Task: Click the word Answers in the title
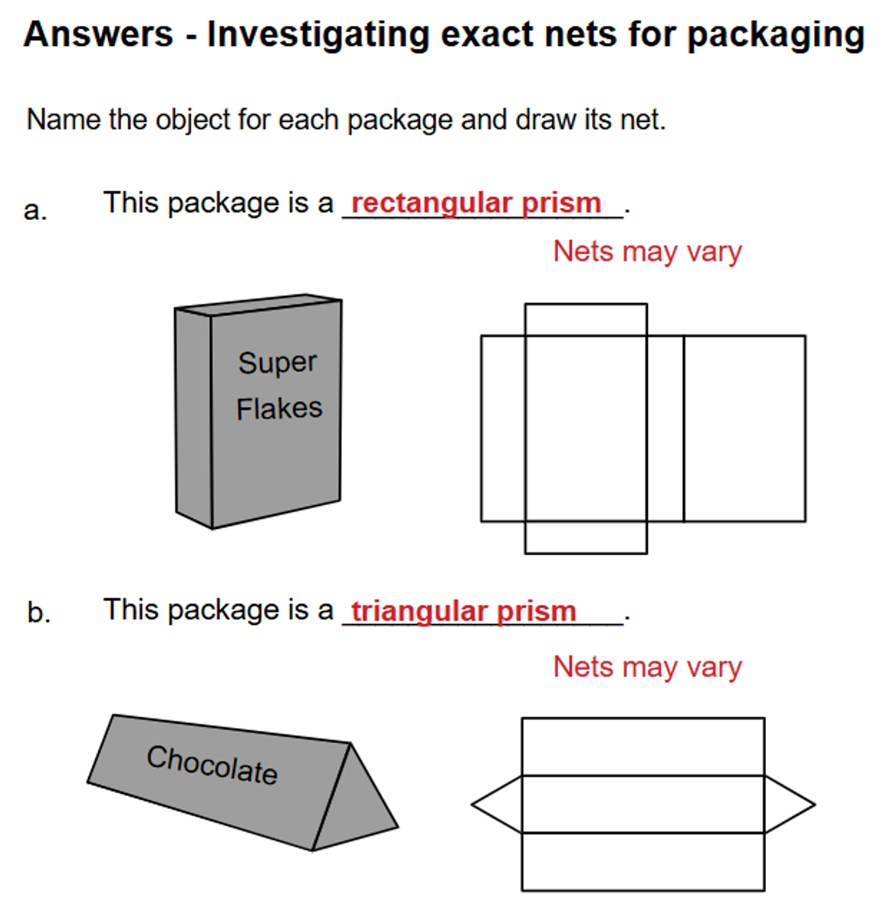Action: pyautogui.click(x=99, y=34)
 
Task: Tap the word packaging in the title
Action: pyautogui.click(x=776, y=36)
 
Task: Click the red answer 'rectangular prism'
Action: pyautogui.click(x=476, y=204)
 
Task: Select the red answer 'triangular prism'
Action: pyautogui.click(x=464, y=611)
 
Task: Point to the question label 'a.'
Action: pyautogui.click(x=35, y=210)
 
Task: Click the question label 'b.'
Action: pyautogui.click(x=39, y=613)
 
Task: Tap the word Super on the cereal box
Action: pyautogui.click(x=277, y=363)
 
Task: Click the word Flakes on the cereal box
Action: pyautogui.click(x=279, y=409)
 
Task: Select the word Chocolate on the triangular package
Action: pyautogui.click(x=212, y=765)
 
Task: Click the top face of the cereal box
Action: pyautogui.click(x=258, y=305)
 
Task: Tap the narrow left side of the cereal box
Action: pyautogui.click(x=193, y=418)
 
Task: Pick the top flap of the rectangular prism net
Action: pyautogui.click(x=586, y=320)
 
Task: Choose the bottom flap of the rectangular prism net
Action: pyautogui.click(x=586, y=537)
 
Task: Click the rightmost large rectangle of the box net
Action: pyautogui.click(x=744, y=429)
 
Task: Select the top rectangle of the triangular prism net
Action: pyautogui.click(x=643, y=747)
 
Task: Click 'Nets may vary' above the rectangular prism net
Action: pyautogui.click(x=647, y=251)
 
